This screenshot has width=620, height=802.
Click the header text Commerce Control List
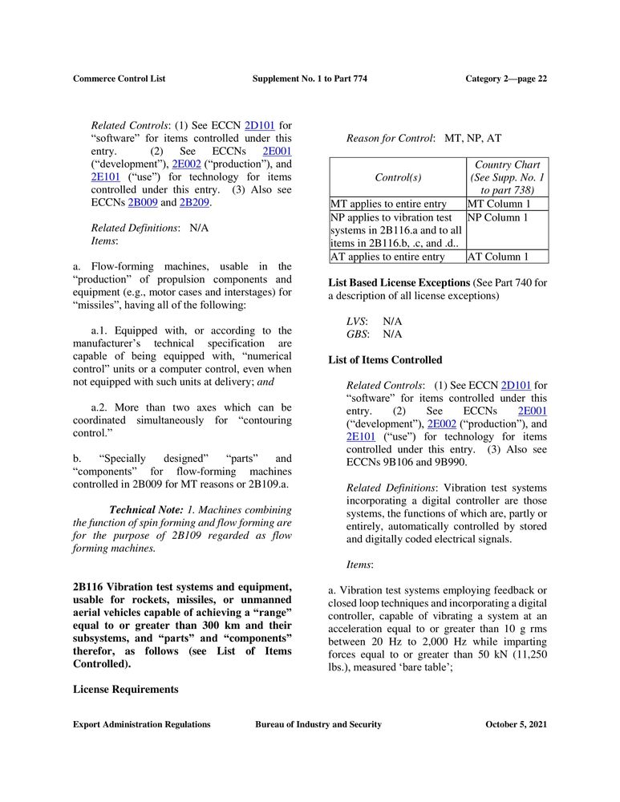(x=119, y=79)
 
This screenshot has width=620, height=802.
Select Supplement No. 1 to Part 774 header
(x=310, y=79)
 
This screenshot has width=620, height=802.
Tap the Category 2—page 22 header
(x=506, y=79)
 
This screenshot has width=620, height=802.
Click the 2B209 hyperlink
(x=195, y=202)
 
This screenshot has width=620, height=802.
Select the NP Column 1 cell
(x=497, y=217)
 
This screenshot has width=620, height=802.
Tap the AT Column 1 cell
(x=497, y=257)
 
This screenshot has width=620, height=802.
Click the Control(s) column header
(x=398, y=177)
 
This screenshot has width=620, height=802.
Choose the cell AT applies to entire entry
(x=387, y=257)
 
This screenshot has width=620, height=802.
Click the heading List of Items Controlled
(x=385, y=360)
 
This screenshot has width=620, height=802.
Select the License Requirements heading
(x=125, y=689)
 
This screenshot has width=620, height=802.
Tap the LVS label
(x=356, y=321)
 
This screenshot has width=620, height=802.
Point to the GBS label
(x=357, y=334)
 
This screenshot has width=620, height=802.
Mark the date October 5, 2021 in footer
(x=517, y=724)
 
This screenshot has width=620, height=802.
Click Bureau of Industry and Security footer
(x=318, y=724)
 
